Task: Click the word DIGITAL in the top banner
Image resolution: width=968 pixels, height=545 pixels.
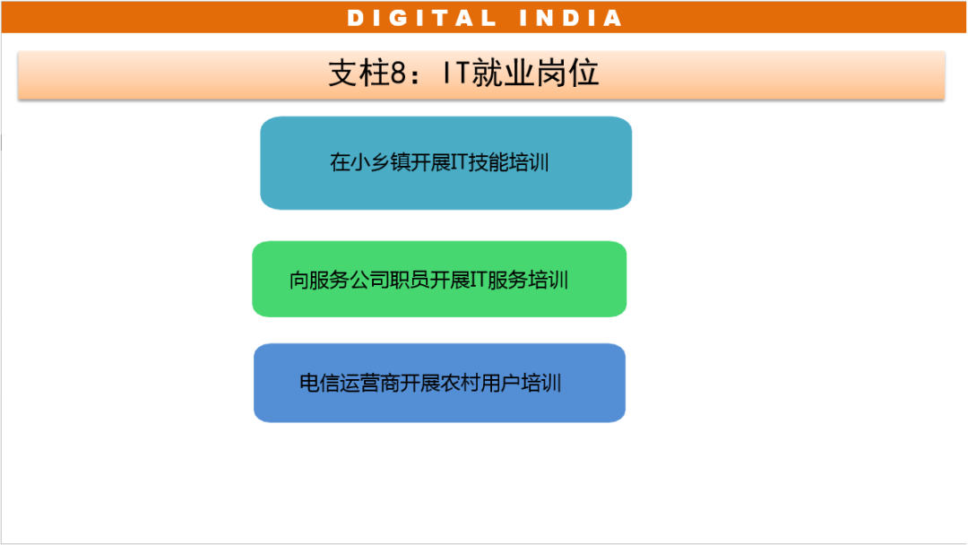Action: pyautogui.click(x=421, y=18)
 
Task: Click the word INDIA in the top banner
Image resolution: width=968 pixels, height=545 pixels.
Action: pyautogui.click(x=570, y=18)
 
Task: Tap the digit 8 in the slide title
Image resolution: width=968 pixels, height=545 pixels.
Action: pyautogui.click(x=398, y=74)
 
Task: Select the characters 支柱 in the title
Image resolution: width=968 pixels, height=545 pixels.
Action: pyautogui.click(x=359, y=74)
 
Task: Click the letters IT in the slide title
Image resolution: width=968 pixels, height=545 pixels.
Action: pyautogui.click(x=457, y=74)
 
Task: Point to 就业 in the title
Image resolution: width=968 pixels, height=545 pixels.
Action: pyautogui.click(x=503, y=74)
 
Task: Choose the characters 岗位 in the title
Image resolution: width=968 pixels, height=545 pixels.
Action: pyautogui.click(x=567, y=74)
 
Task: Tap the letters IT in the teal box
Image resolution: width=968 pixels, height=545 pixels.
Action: pyautogui.click(x=459, y=162)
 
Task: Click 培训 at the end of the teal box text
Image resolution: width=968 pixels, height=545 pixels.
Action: pyautogui.click(x=529, y=162)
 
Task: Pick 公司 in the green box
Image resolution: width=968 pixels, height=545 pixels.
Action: pyautogui.click(x=369, y=281)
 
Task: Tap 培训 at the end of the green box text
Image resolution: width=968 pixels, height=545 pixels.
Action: pyautogui.click(x=549, y=281)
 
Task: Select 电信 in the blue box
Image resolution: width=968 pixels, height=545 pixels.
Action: pyautogui.click(x=319, y=384)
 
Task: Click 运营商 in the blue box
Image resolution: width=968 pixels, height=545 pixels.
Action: pyautogui.click(x=369, y=384)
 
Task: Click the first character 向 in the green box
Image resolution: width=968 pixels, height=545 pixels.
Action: pyautogui.click(x=299, y=281)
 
